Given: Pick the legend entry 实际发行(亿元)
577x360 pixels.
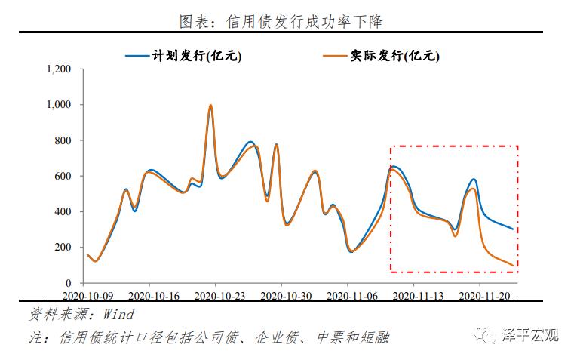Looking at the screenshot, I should coord(393,55).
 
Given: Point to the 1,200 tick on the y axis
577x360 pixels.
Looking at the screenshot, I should coord(58,69).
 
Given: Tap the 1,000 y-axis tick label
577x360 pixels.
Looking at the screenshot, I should coord(58,105).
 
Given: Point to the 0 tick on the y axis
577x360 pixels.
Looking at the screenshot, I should coord(68,282).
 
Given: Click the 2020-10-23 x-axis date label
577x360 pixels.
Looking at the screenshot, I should coord(216,296).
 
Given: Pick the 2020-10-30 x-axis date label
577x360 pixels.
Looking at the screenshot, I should coord(281,296).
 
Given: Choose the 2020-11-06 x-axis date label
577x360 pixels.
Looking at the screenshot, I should coord(348,296).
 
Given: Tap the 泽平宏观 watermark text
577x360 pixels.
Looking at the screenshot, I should coord(532,335).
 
